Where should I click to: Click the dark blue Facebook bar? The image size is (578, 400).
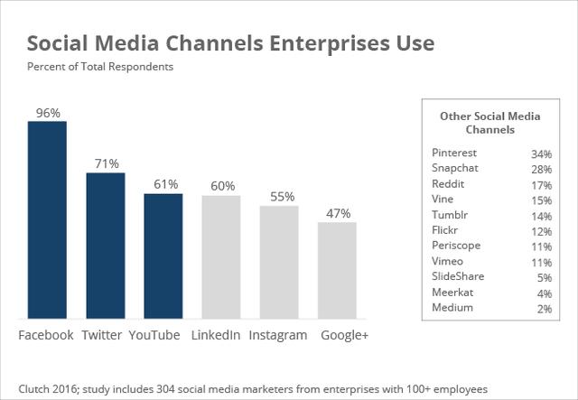[47, 219]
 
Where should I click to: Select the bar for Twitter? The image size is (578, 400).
[105, 245]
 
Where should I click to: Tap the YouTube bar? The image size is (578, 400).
[163, 256]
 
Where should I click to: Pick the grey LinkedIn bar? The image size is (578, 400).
[220, 256]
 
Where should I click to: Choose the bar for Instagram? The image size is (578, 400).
[278, 262]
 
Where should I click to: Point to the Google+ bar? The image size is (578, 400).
[337, 270]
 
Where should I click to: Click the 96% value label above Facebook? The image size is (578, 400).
[47, 113]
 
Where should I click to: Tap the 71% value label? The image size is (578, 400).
[105, 163]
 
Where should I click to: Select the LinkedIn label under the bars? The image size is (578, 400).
[216, 335]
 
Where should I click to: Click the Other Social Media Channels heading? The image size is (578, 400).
[489, 123]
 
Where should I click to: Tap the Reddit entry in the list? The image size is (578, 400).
[449, 184]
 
